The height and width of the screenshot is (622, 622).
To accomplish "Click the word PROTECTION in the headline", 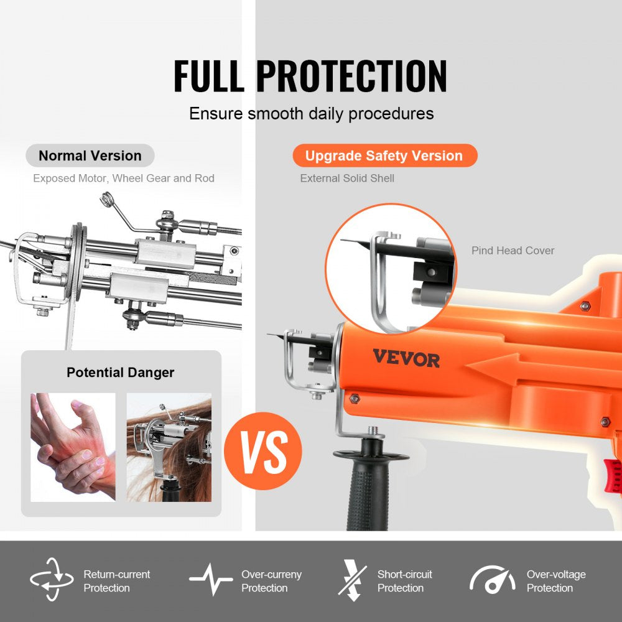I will (351, 77).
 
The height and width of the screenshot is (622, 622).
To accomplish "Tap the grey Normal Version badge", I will (90, 155).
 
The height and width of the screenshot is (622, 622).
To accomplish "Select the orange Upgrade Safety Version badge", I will (384, 155).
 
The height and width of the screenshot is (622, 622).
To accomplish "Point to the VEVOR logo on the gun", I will (406, 358).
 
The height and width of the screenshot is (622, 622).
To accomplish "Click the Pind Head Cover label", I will (513, 251).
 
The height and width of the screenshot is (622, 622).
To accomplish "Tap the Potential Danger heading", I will (121, 373).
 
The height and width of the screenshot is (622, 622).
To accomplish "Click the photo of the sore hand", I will (73, 447).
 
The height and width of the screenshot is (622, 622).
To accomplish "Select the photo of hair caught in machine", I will (169, 447).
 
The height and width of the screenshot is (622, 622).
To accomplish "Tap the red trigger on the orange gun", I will (613, 476).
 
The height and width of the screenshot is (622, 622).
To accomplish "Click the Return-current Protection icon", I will (52, 580).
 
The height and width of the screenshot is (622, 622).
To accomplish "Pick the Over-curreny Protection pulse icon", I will (211, 580).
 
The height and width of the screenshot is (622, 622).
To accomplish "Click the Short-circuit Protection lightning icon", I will (353, 580).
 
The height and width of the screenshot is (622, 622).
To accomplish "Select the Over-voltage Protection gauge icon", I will (492, 580).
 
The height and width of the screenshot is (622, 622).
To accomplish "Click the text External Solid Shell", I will (347, 179).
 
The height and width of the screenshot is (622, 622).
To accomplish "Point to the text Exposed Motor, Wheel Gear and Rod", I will (123, 179).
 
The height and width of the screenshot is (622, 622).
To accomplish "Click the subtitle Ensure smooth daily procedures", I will (311, 114).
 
